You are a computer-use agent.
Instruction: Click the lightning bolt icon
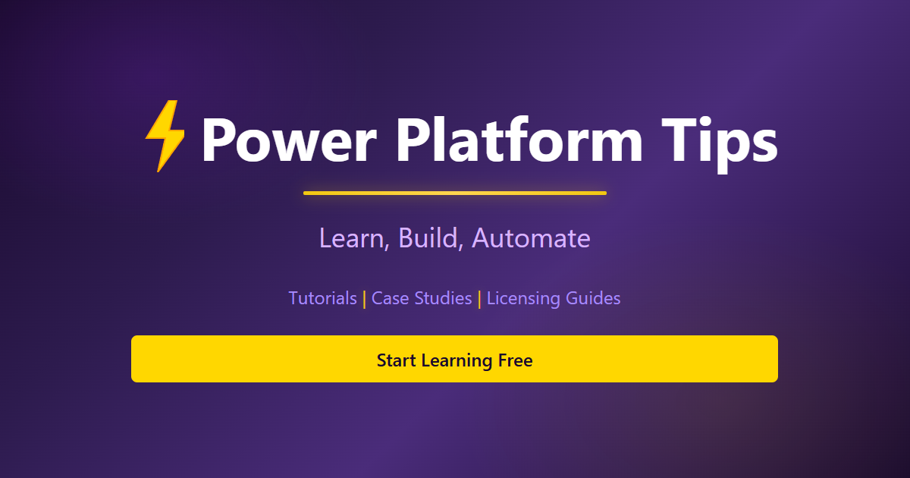pos(165,136)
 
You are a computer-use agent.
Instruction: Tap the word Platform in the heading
pos(519,141)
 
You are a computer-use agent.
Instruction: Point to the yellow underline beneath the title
pos(455,193)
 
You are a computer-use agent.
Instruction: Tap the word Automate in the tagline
pos(531,238)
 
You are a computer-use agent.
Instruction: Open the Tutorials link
pos(322,298)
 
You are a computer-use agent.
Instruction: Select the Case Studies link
pos(422,298)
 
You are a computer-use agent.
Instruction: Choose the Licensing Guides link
pos(554,298)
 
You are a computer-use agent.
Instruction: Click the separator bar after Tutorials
pos(364,299)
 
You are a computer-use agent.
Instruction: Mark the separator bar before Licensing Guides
pos(479,299)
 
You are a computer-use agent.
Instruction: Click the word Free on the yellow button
pos(516,360)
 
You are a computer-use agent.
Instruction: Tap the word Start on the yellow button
pos(396,360)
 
